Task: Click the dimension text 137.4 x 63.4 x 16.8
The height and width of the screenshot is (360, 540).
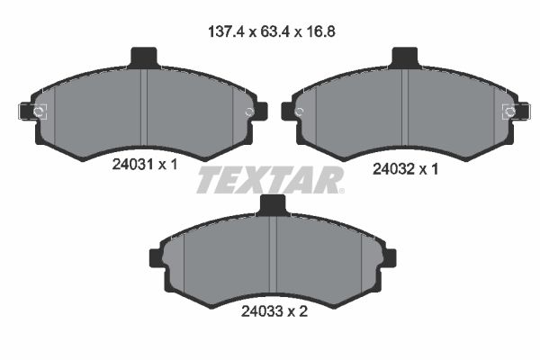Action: (271, 30)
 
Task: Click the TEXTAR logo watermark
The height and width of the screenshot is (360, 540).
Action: (270, 179)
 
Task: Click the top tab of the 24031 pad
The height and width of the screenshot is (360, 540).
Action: (144, 58)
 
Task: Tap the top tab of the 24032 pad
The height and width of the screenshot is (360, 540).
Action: (406, 58)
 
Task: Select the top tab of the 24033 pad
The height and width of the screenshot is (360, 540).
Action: (273, 205)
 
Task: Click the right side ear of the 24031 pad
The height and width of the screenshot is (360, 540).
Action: (260, 111)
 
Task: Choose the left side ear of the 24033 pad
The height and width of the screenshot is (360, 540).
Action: (154, 258)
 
